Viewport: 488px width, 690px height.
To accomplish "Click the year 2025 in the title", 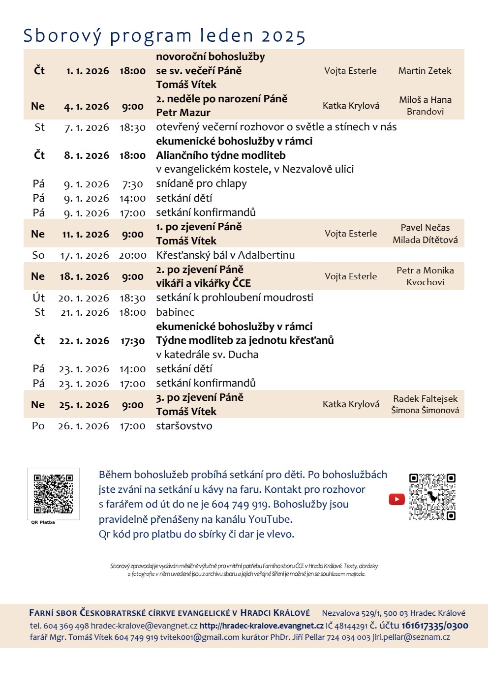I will click(x=283, y=36).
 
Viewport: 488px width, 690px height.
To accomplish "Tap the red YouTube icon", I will click(x=396, y=499).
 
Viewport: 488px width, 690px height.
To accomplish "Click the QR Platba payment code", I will click(x=53, y=493).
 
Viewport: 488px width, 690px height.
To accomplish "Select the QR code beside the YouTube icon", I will click(x=432, y=497).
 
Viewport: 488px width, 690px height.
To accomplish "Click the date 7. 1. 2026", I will click(x=87, y=128).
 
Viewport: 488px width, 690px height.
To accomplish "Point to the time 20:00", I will click(x=132, y=255).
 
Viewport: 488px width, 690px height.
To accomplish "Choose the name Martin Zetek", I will click(x=425, y=71).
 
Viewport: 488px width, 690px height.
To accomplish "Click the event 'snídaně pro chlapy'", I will click(x=201, y=183).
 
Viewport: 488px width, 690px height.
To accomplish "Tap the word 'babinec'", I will click(x=175, y=312).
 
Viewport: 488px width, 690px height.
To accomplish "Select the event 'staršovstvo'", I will click(x=184, y=426).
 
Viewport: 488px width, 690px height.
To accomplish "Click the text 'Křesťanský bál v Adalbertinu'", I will click(x=225, y=255).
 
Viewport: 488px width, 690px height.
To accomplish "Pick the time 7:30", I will click(x=132, y=184).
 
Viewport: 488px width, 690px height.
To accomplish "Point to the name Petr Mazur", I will click(x=183, y=113).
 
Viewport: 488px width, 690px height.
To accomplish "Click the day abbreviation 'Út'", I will click(x=39, y=298).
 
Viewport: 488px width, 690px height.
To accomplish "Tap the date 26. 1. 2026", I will click(x=84, y=426).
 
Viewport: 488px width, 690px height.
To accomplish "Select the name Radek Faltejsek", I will click(x=425, y=399).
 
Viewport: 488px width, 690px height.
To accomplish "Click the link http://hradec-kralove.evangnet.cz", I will click(x=261, y=626).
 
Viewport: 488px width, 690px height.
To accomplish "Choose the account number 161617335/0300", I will click(x=435, y=626).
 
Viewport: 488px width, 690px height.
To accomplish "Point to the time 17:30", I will click(x=132, y=341).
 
